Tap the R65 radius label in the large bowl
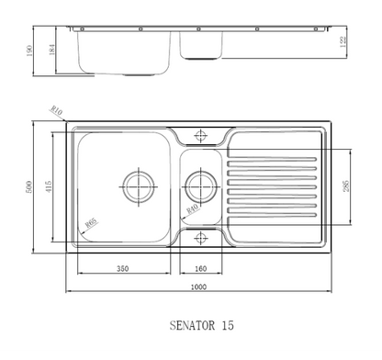pos(91,221)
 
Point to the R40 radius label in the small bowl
pos(193,209)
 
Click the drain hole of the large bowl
pos(140,184)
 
